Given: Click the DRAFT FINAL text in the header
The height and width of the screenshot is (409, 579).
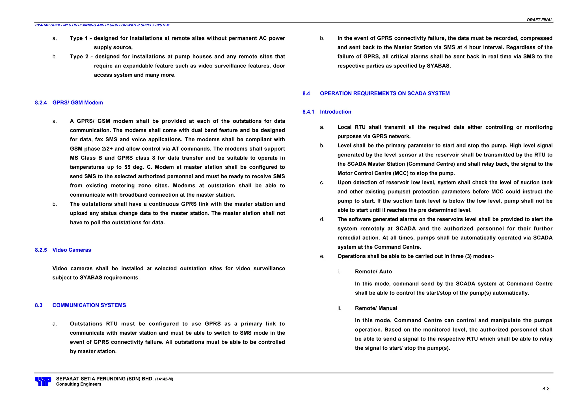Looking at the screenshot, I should [539, 20].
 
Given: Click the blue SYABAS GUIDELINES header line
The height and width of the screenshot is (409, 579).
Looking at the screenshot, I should [102, 25].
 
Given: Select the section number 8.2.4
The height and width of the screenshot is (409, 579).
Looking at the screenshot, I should [41, 103].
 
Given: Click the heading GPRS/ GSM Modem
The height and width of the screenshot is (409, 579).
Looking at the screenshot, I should [77, 103].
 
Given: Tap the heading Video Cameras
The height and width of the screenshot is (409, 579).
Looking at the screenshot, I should [72, 250].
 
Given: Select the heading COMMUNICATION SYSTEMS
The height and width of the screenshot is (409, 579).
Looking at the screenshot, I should [89, 305].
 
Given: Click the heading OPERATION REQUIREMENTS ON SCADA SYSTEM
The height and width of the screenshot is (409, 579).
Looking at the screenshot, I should [384, 93].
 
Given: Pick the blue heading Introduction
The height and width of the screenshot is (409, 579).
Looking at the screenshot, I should [335, 112].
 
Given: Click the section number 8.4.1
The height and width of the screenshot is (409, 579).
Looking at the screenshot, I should [308, 112].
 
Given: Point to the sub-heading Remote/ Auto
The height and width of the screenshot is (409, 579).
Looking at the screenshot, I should [373, 272].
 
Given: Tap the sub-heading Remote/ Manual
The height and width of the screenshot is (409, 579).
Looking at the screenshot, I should [376, 308].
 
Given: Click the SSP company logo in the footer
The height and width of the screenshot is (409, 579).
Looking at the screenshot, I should [43, 381].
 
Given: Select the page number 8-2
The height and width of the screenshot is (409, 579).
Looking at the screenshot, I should [546, 389].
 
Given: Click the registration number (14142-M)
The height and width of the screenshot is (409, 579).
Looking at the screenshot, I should [164, 379].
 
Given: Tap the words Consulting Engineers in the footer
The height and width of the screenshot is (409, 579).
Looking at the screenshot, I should [79, 384].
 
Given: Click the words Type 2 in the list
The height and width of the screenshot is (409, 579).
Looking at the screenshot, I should [79, 56].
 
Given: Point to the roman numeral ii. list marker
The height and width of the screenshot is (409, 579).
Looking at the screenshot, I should [339, 308].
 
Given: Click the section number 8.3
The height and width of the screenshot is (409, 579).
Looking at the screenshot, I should [38, 305].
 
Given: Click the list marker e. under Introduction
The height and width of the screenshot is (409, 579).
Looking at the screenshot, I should [322, 256].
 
